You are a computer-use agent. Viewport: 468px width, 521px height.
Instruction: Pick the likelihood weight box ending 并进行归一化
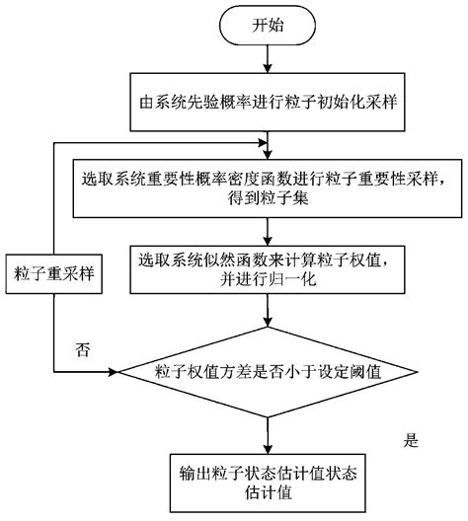point(267,269)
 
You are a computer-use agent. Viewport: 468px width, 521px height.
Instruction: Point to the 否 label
point(83,349)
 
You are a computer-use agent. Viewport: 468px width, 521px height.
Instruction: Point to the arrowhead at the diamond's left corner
point(111,372)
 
